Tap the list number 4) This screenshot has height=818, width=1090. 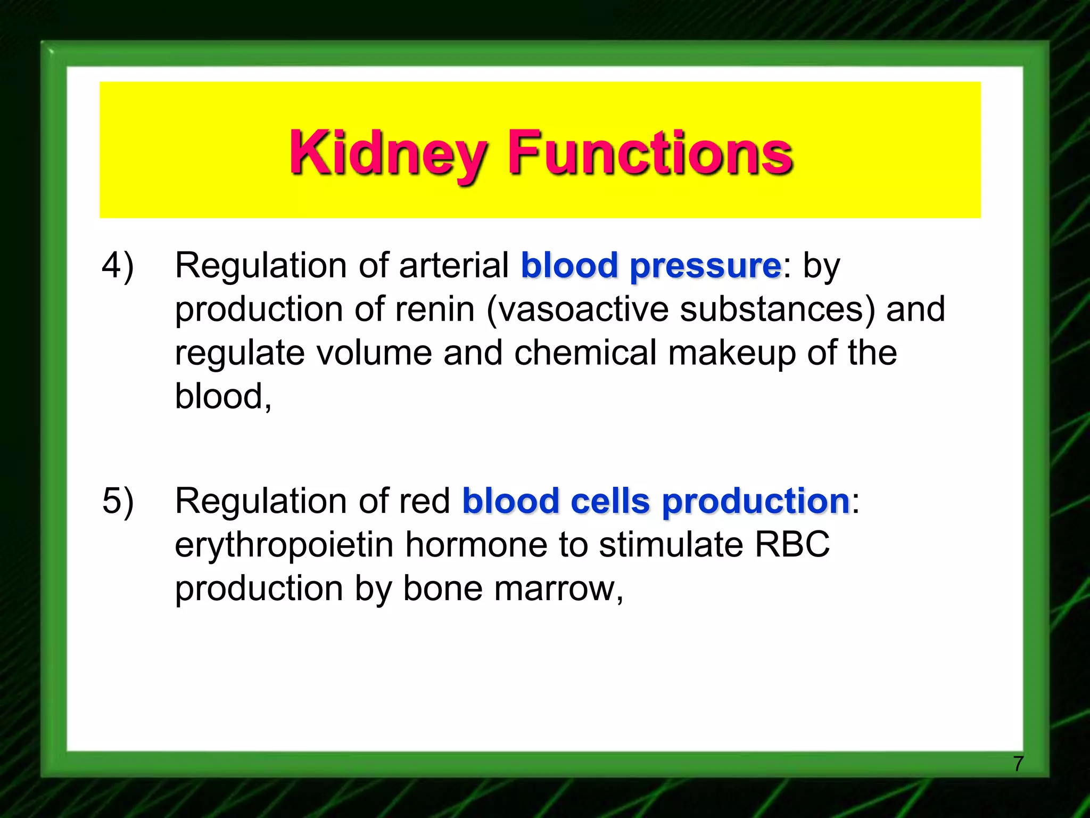tap(118, 265)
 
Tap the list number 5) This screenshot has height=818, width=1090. tap(118, 501)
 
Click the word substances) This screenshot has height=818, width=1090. tap(777, 309)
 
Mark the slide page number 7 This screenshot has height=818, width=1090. tap(1018, 764)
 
